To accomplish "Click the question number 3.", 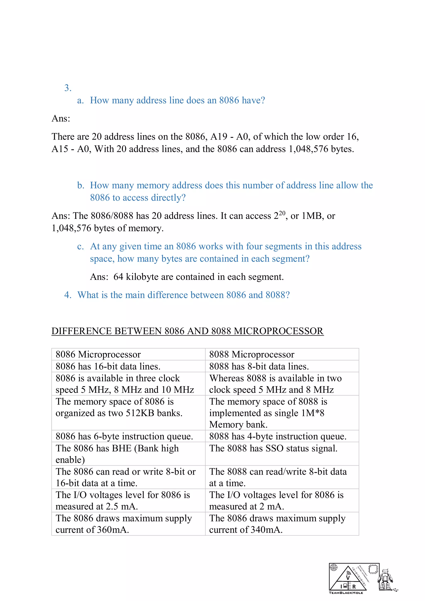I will pyautogui.click(x=68, y=88).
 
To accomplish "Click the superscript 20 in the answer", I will pyautogui.click(x=282, y=213).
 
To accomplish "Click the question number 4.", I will pyautogui.click(x=68, y=295).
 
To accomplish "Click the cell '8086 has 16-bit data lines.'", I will pyautogui.click(x=108, y=366).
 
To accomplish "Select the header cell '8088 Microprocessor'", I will pyautogui.click(x=252, y=354).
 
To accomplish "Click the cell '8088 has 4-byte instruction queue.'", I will pyautogui.click(x=278, y=436).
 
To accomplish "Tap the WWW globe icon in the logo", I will pyautogui.click(x=334, y=567).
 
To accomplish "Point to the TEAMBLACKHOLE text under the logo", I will pyautogui.click(x=346, y=593).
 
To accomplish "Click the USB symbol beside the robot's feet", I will pyautogui.click(x=395, y=590).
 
